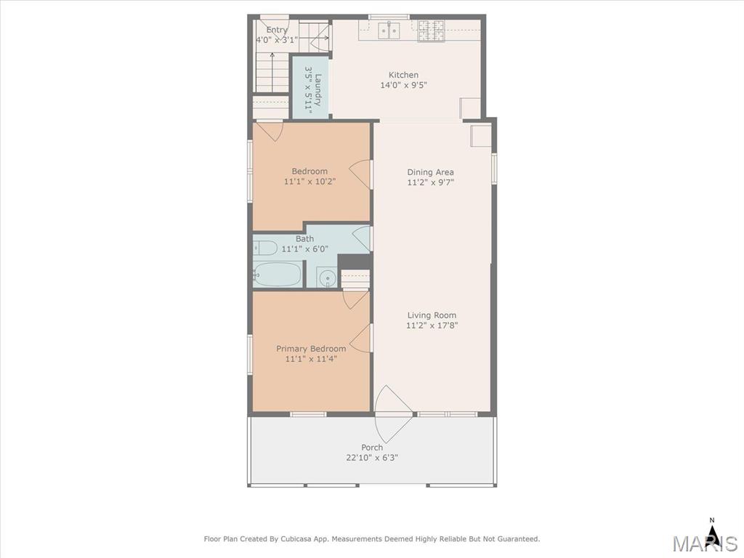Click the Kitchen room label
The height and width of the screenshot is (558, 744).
(403, 75)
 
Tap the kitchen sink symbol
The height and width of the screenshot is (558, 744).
(389, 31)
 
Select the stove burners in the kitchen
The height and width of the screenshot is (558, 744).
(431, 31)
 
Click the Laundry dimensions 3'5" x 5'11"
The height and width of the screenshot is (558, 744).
(308, 89)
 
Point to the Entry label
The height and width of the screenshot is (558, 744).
(277, 30)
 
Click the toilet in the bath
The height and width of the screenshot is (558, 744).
(264, 248)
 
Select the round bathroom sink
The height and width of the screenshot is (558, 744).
(326, 277)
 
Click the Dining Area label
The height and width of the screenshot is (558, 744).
(430, 172)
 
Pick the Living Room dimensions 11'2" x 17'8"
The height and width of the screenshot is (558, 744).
(432, 325)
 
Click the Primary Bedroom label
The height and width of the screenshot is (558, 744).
(311, 349)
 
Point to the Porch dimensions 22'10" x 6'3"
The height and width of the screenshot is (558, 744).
(372, 458)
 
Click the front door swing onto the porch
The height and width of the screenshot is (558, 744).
(393, 413)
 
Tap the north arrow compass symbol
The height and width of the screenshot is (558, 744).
(711, 531)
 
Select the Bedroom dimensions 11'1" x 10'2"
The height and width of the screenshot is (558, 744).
(310, 182)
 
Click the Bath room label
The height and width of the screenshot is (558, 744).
(304, 238)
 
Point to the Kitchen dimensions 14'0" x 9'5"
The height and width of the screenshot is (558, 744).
(404, 86)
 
